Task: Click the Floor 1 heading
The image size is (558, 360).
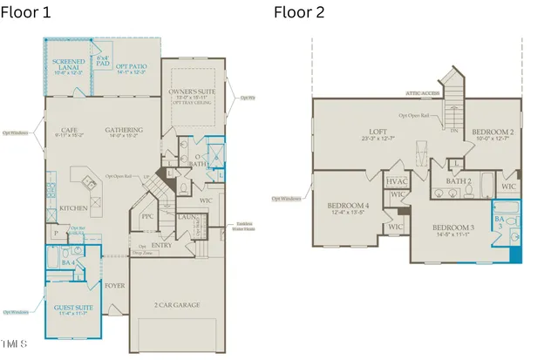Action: [26, 12]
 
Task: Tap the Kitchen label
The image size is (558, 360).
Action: [73, 208]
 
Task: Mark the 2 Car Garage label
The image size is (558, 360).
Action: [178, 305]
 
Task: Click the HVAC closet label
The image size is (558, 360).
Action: [397, 181]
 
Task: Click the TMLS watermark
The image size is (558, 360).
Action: [15, 343]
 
